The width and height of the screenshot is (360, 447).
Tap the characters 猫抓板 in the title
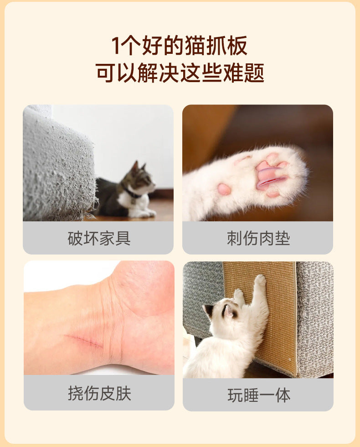pyautogui.click(x=216, y=46)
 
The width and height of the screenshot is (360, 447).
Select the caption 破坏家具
pyautogui.click(x=99, y=238)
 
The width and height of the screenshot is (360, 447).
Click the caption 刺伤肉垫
pyautogui.click(x=258, y=238)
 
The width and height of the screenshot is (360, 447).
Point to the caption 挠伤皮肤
pyautogui.click(x=99, y=393)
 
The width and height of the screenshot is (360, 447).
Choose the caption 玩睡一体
pyautogui.click(x=259, y=395)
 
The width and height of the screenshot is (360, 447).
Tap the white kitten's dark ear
pyautogui.click(x=230, y=311)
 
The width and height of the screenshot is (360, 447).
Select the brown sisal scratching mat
pyautogui.click(x=259, y=314)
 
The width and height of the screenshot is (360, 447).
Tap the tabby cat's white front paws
pyautogui.click(x=146, y=213)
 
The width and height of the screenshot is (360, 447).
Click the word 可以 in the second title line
pyautogui.click(x=116, y=73)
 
